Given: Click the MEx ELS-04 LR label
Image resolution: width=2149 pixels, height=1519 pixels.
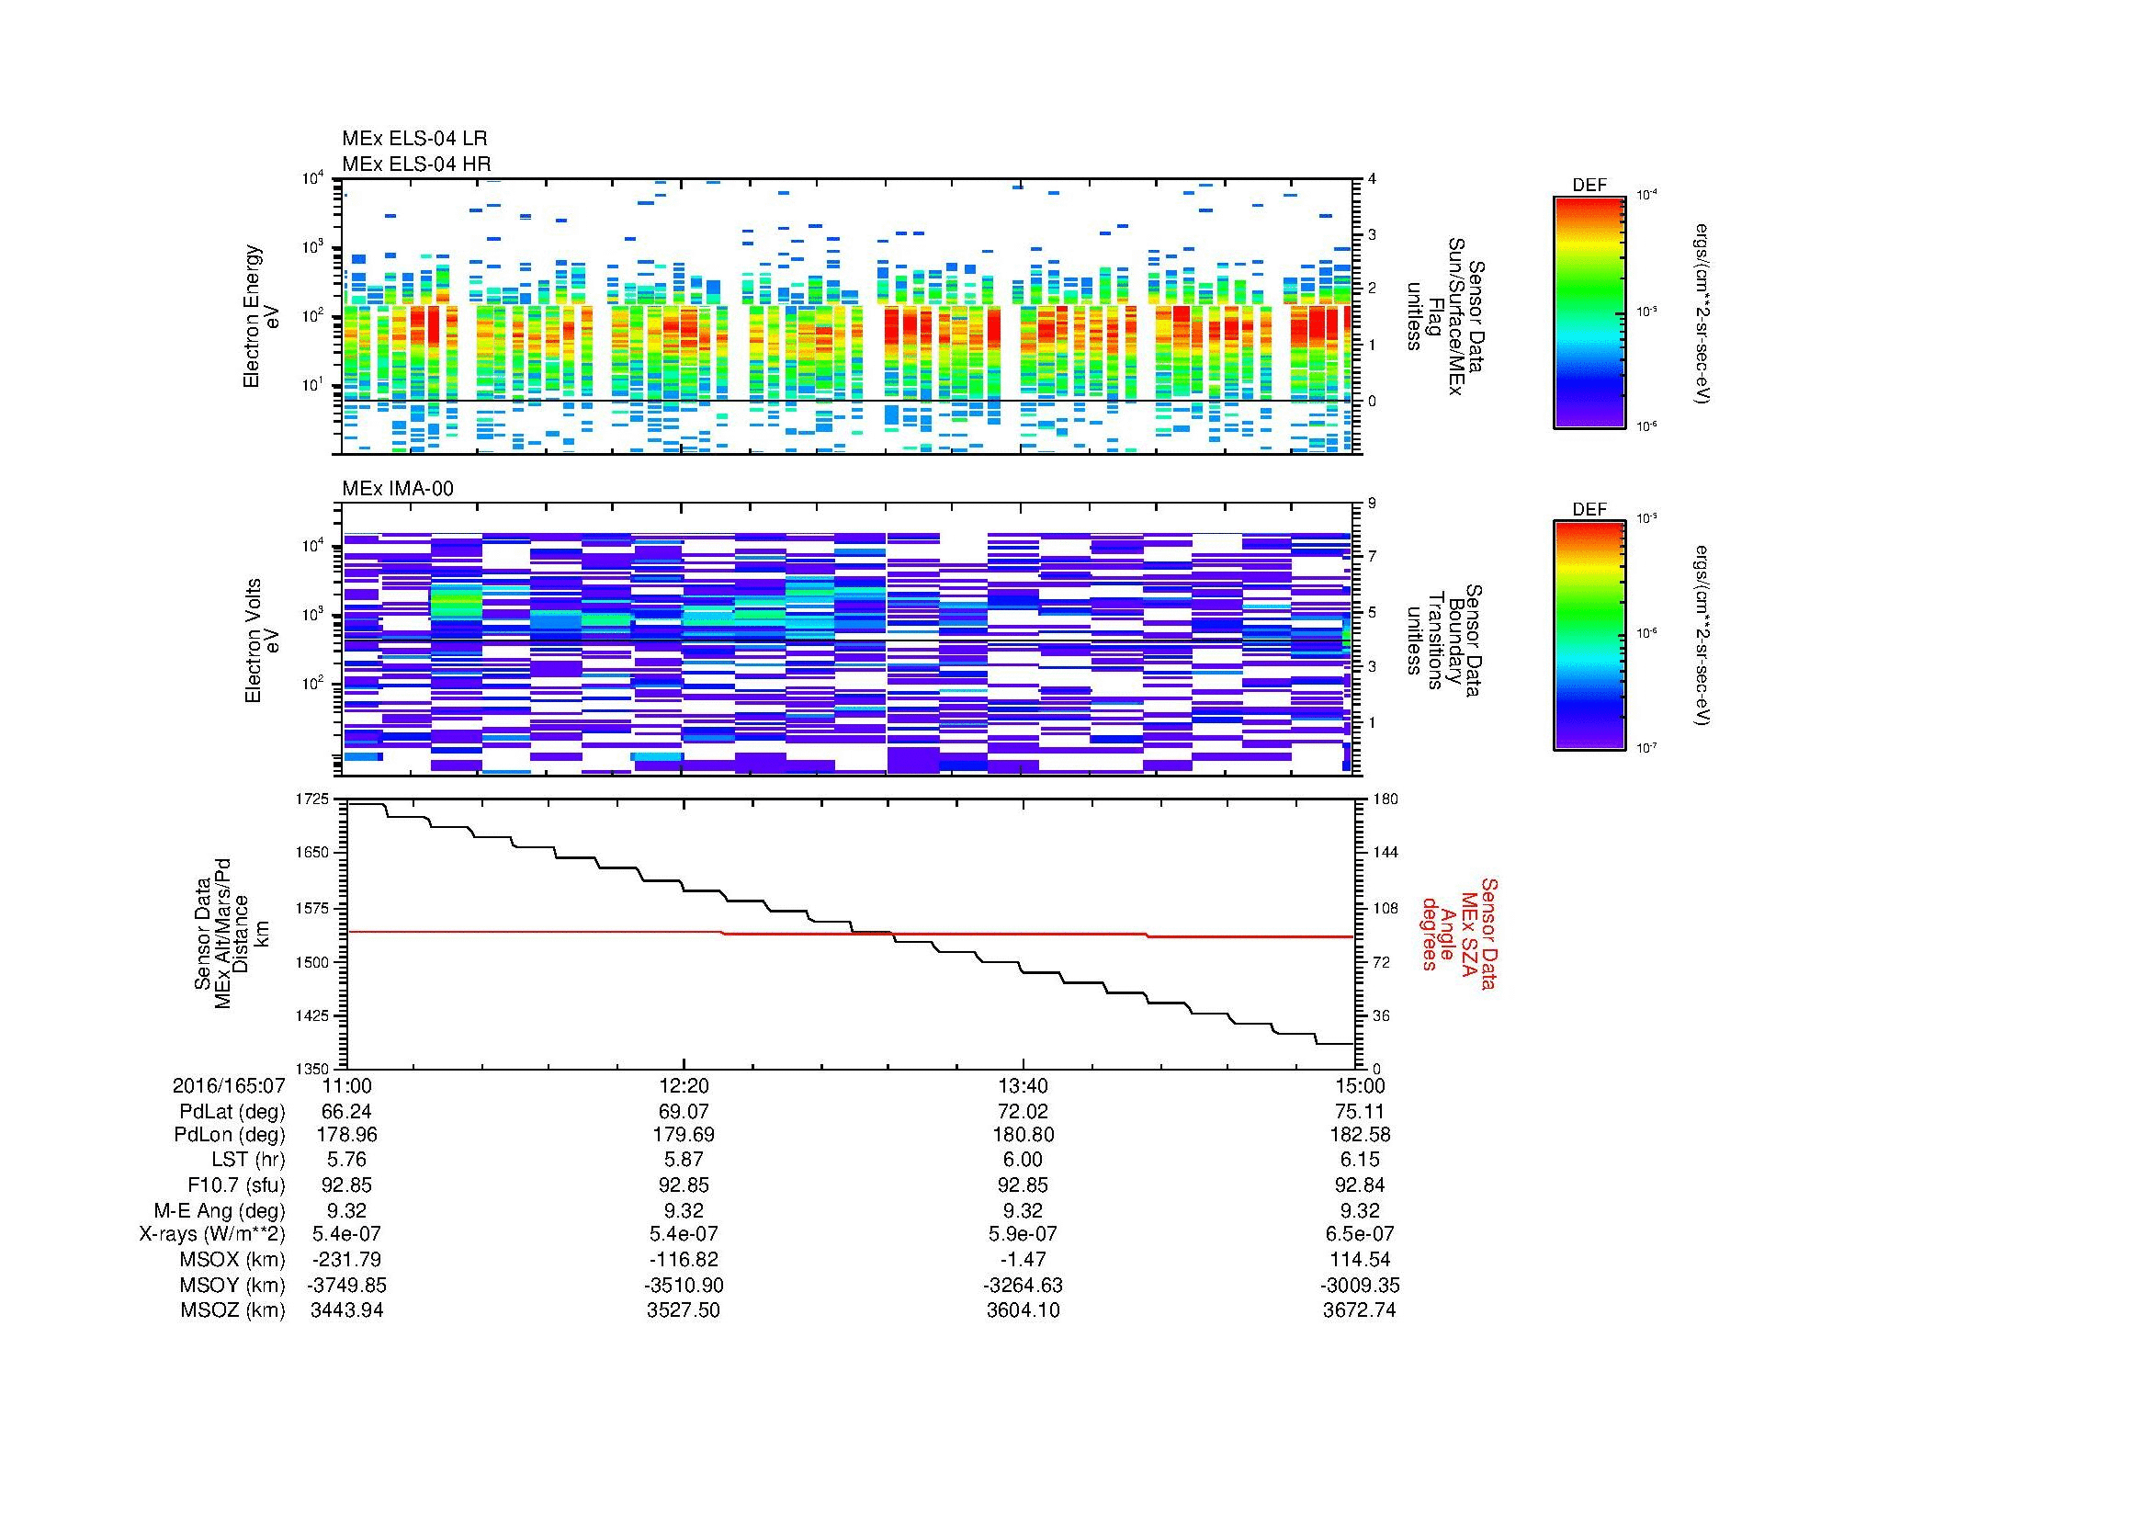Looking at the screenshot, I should pos(414,139).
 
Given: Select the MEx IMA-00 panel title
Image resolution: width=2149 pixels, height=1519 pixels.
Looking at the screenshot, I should pos(398,489).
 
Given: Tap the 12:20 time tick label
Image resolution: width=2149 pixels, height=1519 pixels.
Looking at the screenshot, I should pos(684,1086).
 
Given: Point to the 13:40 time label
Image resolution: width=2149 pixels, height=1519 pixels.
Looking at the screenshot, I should pos(1023,1086).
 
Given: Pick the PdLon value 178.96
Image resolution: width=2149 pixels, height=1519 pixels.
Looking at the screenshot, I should pos(346,1135).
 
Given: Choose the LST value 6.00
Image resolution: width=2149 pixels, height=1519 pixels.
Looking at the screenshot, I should pos(1023,1160).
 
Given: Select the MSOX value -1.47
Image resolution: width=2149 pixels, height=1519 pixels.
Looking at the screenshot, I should pos(1023,1260).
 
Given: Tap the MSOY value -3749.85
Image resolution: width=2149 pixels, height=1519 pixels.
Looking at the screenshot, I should pos(346,1286).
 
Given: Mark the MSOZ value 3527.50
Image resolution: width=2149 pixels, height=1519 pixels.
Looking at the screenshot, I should pos(684,1310).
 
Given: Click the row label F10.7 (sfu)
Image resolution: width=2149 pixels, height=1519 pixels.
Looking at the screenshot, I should pos(236,1184).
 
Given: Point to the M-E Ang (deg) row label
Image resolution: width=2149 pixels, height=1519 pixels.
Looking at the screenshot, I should pos(219,1210).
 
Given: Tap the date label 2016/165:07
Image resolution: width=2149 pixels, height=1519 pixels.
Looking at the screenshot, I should pos(229,1086).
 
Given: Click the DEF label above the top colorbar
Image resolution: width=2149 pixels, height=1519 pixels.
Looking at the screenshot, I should pos(1589,186).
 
